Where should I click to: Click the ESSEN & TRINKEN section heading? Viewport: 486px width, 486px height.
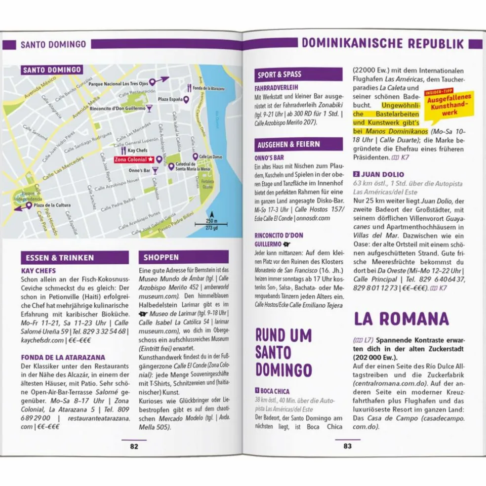click(74, 257)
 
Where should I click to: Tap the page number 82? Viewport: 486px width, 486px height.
click(134, 446)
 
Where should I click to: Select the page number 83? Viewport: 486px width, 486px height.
click(347, 446)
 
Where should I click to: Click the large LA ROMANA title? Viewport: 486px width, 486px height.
click(401, 319)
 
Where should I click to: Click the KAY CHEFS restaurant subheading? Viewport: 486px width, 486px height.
click(39, 271)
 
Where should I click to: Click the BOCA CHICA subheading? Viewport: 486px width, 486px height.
click(275, 391)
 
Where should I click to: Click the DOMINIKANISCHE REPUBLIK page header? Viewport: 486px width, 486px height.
click(383, 44)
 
